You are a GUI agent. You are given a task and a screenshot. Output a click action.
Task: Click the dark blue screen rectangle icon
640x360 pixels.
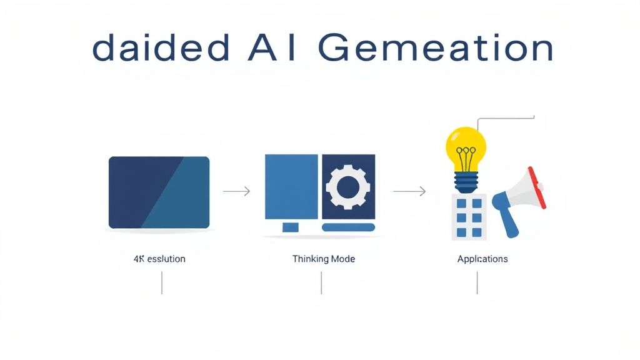click(x=159, y=192)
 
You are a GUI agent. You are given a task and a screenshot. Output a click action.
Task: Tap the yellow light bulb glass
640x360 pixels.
click(x=466, y=147)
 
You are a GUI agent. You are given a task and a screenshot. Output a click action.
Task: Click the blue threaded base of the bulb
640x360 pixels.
click(x=466, y=182)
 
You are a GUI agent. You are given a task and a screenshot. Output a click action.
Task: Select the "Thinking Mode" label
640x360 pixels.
click(x=323, y=259)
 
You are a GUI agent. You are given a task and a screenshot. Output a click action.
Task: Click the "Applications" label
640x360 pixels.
click(x=482, y=259)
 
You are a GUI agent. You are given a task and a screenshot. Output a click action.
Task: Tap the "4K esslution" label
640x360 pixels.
click(x=159, y=259)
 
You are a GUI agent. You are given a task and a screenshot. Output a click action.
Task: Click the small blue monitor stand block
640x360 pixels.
click(x=291, y=227)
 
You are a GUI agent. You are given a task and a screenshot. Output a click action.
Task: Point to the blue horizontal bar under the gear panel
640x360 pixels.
click(x=347, y=227)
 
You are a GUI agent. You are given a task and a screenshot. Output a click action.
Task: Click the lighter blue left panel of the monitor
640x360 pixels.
click(x=291, y=186)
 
